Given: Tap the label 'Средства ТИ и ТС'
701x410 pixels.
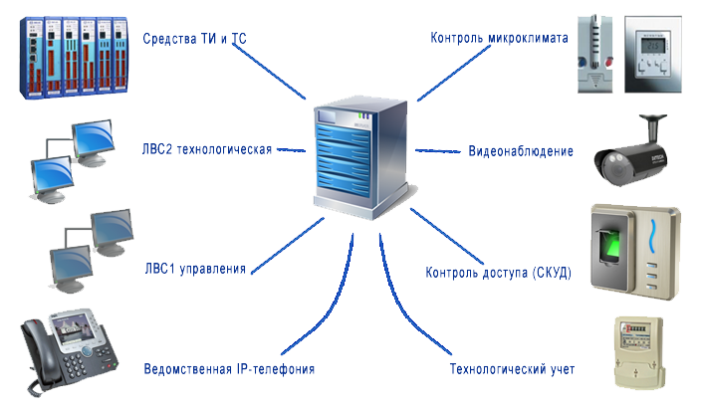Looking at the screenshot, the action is click(195, 38).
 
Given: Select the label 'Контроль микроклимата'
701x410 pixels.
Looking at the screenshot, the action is click(498, 38).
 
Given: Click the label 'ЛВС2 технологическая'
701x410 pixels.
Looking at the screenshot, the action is click(207, 150).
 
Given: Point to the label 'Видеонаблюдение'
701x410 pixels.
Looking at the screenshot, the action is click(521, 151).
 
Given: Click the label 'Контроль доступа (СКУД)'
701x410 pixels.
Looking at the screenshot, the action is click(498, 272).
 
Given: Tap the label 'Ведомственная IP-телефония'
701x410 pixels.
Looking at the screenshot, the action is click(229, 368).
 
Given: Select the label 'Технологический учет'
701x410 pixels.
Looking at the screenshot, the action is click(512, 369).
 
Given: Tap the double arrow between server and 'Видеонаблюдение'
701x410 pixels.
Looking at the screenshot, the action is click(438, 151).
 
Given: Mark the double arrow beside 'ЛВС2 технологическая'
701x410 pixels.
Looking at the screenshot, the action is click(289, 150).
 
